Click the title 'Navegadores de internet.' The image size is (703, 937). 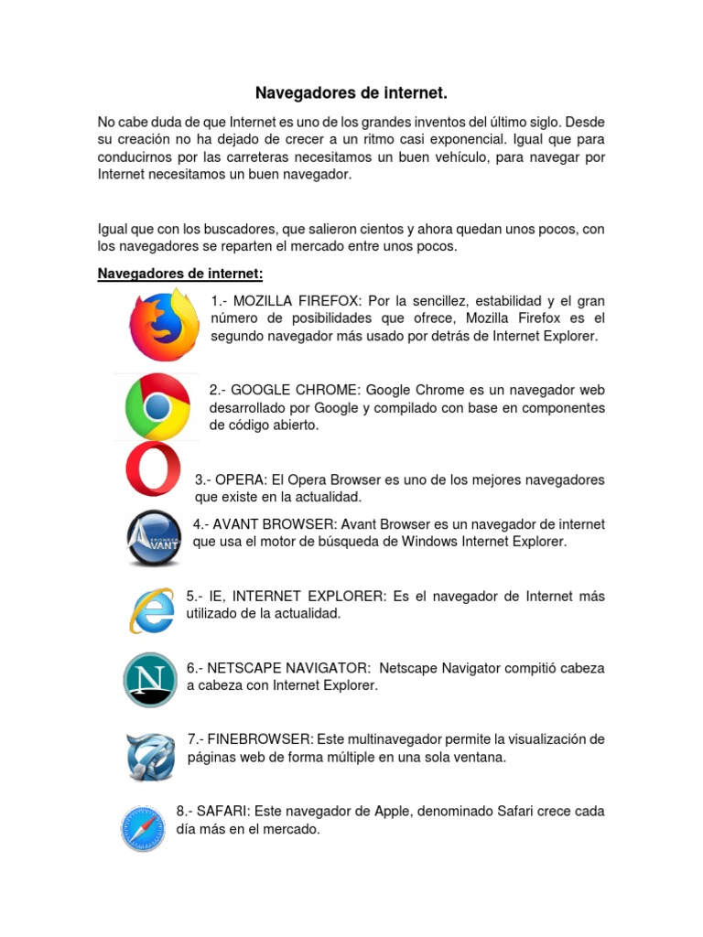tap(351, 93)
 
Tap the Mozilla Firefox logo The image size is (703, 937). tap(164, 326)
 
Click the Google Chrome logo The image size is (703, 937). tap(157, 406)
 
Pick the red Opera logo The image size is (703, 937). tap(153, 468)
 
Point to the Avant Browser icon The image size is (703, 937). tap(153, 539)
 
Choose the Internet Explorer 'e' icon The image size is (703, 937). tap(152, 609)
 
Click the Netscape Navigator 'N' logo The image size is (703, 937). tap(150, 680)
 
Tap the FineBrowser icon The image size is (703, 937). tap(150, 756)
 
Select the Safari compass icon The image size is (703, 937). tap(143, 829)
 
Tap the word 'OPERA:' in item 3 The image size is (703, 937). tap(241, 479)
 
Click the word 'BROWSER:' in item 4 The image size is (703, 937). tap(297, 524)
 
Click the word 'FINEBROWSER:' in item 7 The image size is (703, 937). tap(262, 738)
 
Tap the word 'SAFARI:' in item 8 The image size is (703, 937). tap(223, 811)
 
